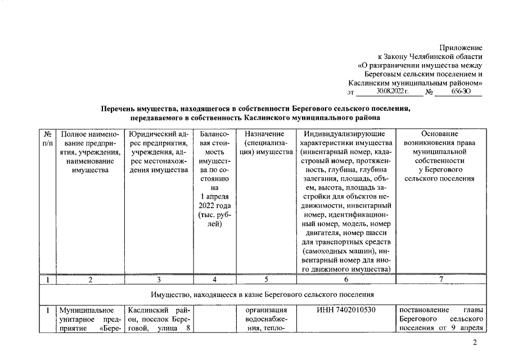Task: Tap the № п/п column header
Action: (48, 139)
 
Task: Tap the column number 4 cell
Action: (211, 280)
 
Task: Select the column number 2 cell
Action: (90, 280)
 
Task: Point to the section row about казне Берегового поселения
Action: (262, 294)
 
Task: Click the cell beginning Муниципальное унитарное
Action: (90, 319)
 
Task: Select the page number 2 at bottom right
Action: (475, 343)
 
